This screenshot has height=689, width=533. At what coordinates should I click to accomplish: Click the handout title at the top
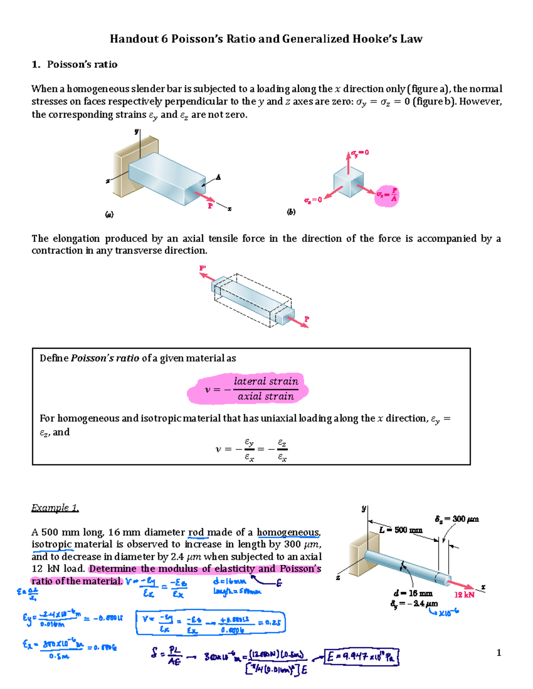(x=266, y=39)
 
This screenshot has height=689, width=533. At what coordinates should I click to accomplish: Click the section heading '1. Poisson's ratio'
(x=75, y=64)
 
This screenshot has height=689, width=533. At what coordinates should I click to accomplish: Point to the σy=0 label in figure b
(x=360, y=153)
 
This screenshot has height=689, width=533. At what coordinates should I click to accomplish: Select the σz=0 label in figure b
(x=313, y=200)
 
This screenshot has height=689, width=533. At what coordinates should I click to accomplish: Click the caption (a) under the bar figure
(x=109, y=215)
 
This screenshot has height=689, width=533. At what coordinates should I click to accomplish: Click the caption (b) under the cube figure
(x=291, y=212)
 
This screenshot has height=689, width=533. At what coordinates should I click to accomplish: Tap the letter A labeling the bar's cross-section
(x=218, y=177)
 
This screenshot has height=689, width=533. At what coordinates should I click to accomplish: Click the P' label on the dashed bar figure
(x=203, y=268)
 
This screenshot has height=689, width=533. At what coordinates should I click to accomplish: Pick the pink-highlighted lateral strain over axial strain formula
(x=249, y=389)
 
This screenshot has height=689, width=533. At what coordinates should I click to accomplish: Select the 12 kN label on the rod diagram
(x=464, y=595)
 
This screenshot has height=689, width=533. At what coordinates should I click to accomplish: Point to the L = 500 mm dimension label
(x=401, y=530)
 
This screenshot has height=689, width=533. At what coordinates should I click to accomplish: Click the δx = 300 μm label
(x=457, y=519)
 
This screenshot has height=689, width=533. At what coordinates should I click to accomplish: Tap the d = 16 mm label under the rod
(x=413, y=593)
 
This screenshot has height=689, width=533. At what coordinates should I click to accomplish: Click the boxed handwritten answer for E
(x=361, y=657)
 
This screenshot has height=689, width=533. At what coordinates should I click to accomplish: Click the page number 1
(x=499, y=652)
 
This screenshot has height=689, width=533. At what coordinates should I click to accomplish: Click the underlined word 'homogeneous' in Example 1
(x=288, y=532)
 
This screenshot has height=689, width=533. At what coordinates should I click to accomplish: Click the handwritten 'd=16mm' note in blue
(x=229, y=581)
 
